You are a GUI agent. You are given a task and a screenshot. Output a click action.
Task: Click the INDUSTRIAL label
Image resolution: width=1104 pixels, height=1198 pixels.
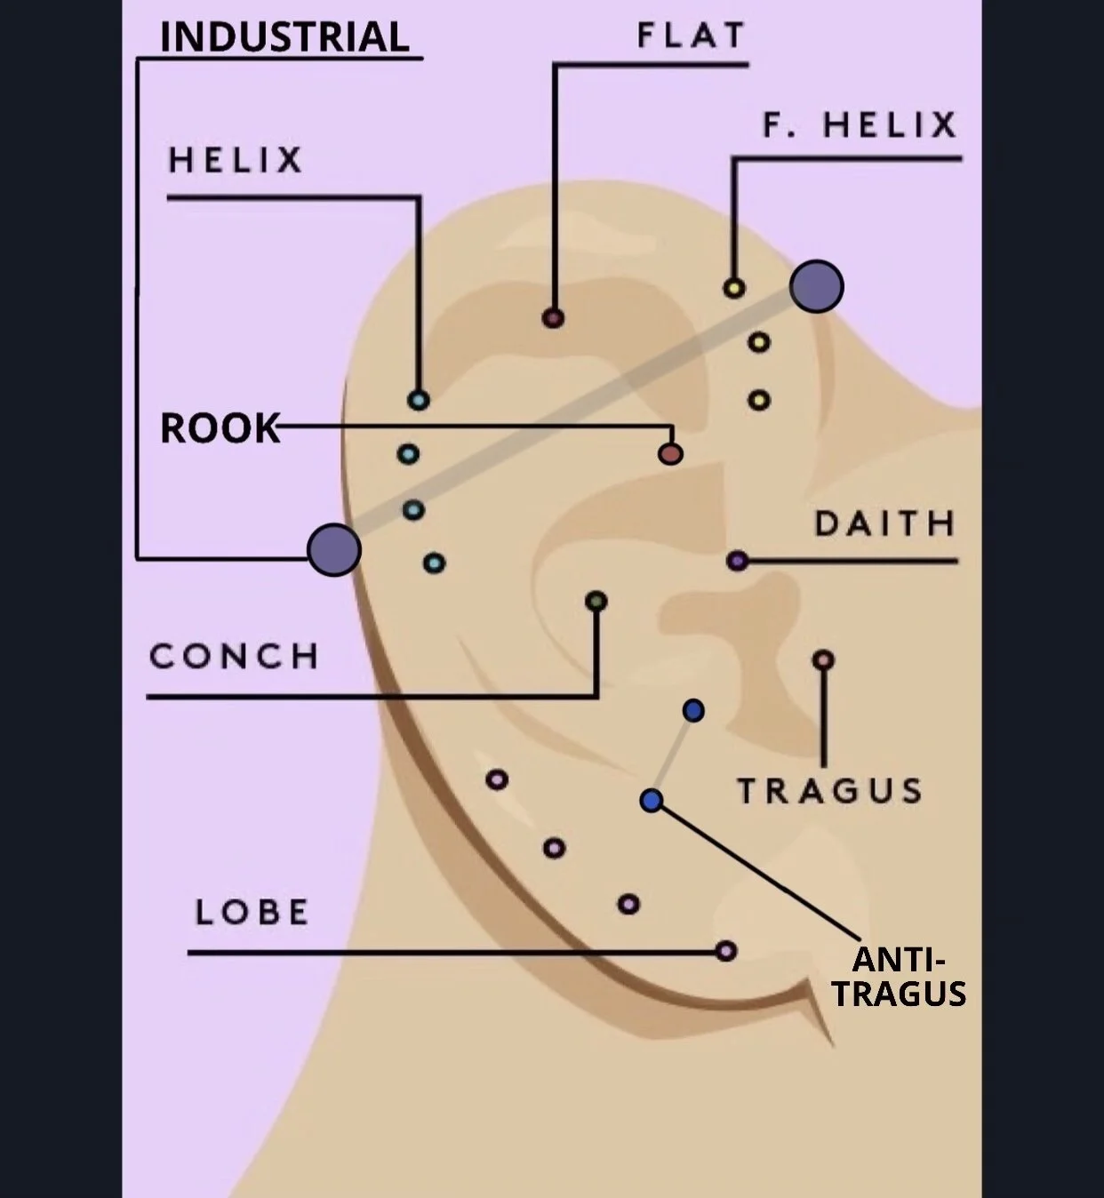[284, 37]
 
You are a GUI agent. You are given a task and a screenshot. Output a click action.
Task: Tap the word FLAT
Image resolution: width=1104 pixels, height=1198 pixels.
[691, 36]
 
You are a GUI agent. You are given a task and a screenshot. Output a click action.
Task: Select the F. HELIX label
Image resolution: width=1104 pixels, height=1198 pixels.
[860, 125]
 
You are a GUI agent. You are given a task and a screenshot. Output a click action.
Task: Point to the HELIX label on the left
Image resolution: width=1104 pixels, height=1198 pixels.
[236, 161]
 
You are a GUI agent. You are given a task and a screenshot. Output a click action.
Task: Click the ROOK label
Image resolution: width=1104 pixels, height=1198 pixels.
[220, 428]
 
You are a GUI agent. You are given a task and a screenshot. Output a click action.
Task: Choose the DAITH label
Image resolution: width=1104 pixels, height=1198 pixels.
[884, 523]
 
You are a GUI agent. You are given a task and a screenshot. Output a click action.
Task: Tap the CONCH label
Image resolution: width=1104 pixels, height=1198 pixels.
[234, 657]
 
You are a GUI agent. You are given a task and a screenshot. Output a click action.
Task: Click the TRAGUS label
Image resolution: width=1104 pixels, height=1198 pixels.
[830, 790]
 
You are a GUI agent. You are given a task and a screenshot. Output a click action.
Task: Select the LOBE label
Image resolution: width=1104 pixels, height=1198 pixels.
[252, 912]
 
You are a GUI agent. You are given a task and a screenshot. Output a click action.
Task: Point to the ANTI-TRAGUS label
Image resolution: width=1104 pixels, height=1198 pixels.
[899, 977]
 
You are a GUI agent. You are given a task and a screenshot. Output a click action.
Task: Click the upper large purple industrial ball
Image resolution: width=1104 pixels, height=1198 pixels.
[816, 286]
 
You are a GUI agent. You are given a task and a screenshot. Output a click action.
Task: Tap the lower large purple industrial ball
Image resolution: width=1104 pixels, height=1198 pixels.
[334, 549]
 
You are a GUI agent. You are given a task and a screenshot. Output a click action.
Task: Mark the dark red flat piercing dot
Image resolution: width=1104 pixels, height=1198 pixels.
[553, 317]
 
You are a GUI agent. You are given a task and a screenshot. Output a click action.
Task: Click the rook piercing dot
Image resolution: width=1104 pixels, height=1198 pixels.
[670, 454]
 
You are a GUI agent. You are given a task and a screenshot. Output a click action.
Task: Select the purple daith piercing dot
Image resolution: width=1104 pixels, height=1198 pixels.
[737, 561]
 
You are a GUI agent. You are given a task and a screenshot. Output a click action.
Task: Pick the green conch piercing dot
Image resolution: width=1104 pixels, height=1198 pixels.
[596, 602]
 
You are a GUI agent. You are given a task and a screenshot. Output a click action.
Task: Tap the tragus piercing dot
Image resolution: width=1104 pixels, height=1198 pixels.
[823, 660]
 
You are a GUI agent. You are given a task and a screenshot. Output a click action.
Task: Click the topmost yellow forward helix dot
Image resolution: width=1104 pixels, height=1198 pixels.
[734, 288]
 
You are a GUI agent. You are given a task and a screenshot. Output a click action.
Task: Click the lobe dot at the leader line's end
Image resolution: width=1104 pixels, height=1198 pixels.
[726, 951]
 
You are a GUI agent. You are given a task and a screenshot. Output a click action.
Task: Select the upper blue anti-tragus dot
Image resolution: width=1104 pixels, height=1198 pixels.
[693, 710]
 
